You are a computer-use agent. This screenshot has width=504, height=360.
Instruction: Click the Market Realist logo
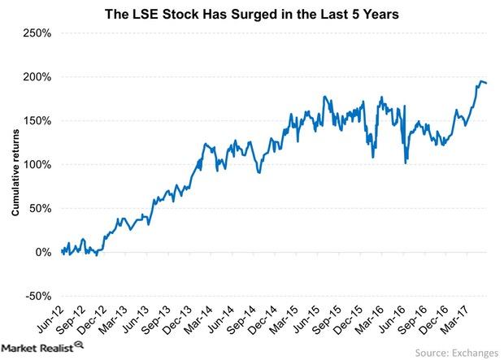[42, 347]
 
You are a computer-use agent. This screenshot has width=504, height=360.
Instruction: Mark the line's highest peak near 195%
[479, 80]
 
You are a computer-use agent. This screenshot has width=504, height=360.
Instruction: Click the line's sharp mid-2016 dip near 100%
[405, 163]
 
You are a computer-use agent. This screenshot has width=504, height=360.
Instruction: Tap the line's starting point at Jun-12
[62, 251]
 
